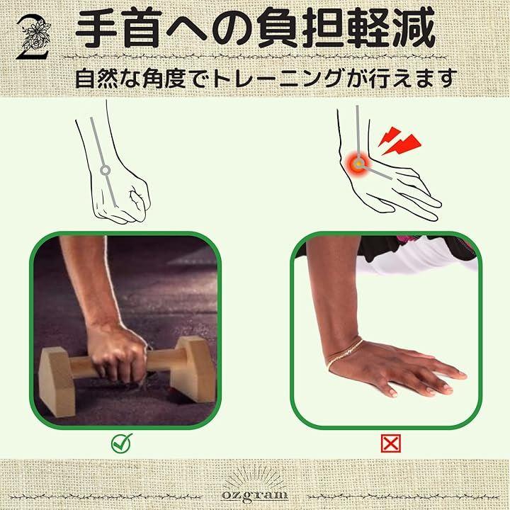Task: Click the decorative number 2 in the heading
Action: pyautogui.click(x=33, y=38)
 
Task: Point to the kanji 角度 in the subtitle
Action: pyautogui.click(x=164, y=79)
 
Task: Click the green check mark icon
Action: pyautogui.click(x=122, y=443)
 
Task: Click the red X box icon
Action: pyautogui.click(x=390, y=443)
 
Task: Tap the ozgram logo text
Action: pyautogui.click(x=255, y=495)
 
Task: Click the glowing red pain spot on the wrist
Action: pyautogui.click(x=358, y=164)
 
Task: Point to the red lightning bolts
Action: pyautogui.click(x=399, y=141)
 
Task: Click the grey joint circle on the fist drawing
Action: pyautogui.click(x=105, y=170)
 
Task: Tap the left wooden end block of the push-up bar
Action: pyautogui.click(x=57, y=381)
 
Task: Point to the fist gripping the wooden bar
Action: pyautogui.click(x=117, y=352)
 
